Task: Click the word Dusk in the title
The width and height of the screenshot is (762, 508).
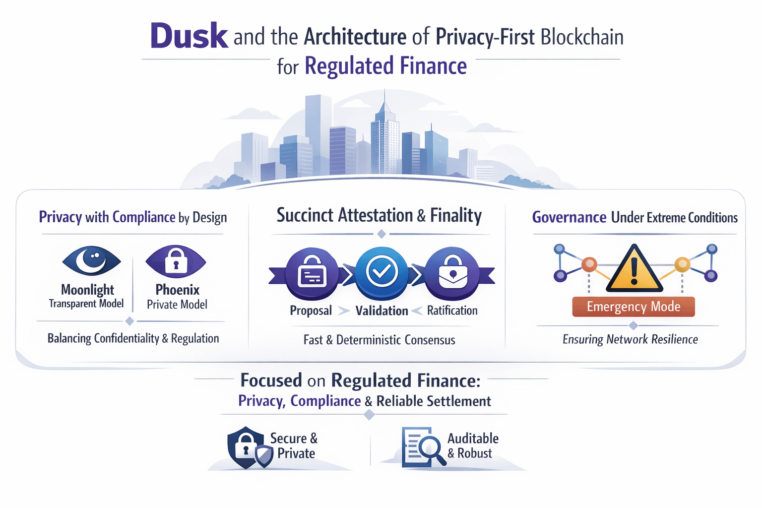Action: point(189,36)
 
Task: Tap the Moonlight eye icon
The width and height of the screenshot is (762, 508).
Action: point(91,260)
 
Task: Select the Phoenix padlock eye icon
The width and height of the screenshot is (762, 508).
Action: point(176,260)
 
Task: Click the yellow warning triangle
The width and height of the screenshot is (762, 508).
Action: point(634,269)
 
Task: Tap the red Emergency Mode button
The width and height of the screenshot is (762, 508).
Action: point(634,307)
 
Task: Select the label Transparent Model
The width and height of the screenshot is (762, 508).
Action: point(86,304)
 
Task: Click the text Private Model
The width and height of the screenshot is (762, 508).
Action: point(177,305)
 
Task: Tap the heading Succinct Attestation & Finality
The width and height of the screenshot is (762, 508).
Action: point(379,215)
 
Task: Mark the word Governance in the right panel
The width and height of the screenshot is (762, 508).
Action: point(569,217)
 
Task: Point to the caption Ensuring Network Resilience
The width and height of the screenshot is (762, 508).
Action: point(630,339)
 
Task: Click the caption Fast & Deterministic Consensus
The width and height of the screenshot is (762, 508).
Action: point(379,340)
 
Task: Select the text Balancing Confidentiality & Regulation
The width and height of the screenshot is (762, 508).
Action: point(133,338)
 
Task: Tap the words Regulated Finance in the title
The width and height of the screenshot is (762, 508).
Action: point(385,66)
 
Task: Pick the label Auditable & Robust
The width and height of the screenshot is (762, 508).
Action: point(472,445)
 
